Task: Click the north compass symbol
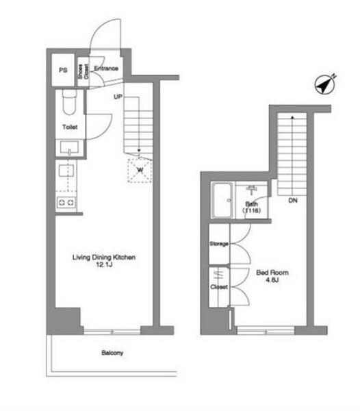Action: coord(325,85)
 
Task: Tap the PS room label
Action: coord(63,71)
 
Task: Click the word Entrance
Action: coord(106,68)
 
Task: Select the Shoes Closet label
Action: coord(83,71)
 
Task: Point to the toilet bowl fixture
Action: coord(69,102)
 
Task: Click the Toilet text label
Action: coord(70,127)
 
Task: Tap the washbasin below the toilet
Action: coord(69,147)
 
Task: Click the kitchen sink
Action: coord(66,171)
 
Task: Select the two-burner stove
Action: coord(66,203)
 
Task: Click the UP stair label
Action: coord(118,97)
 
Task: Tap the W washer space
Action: coord(140,171)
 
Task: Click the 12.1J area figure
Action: coord(104,264)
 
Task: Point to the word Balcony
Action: coord(112,353)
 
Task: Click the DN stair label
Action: coord(293,201)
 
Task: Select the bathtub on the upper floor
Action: coord(222,201)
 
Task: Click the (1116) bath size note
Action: coord(251,210)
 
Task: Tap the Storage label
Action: coord(219,244)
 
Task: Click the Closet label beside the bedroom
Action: coord(219,287)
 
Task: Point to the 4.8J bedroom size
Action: coord(272,280)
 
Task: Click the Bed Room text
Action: coord(272,273)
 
